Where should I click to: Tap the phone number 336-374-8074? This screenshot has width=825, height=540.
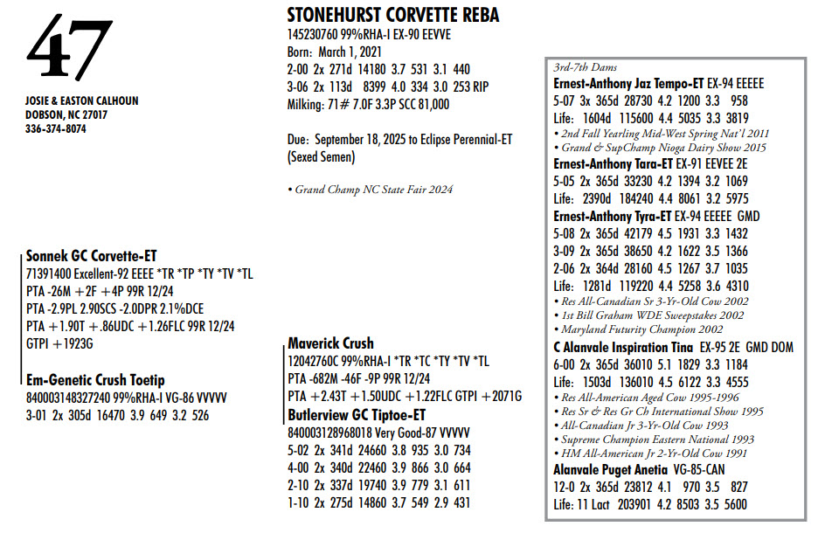coord(56,128)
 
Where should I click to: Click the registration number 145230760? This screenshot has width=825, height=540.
coord(317,35)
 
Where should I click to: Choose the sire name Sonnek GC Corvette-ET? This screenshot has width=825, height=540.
coord(91,256)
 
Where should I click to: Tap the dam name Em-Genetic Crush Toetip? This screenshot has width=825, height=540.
coord(95,380)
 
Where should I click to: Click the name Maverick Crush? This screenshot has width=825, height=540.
coord(330,343)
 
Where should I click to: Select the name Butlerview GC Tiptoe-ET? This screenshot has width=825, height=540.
coord(357,414)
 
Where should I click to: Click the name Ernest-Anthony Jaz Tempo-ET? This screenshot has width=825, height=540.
coord(628,83)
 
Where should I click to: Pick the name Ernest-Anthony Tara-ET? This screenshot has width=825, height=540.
coord(614,163)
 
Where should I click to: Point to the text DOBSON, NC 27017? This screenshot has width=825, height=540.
coord(66,114)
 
